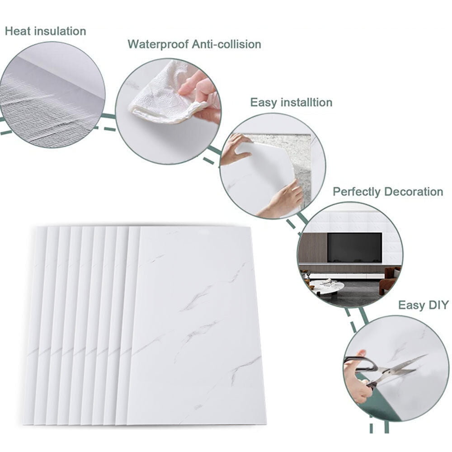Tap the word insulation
(x=60, y=31)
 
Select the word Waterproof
(x=158, y=44)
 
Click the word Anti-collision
(x=226, y=44)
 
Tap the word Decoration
(x=414, y=192)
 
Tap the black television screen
(x=354, y=248)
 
